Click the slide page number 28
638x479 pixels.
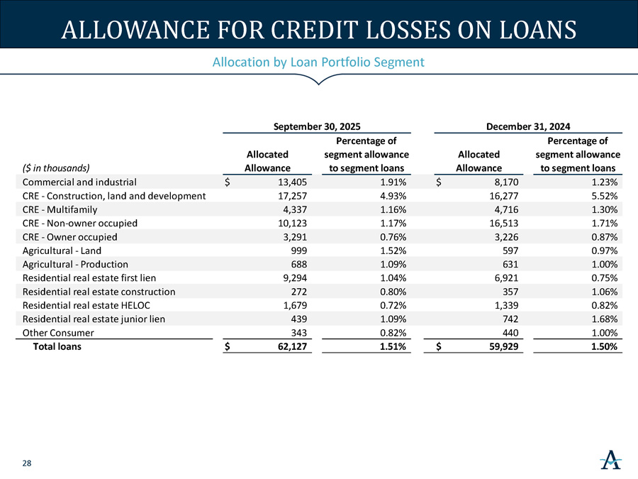(26, 463)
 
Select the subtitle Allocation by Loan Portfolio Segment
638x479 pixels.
(318, 62)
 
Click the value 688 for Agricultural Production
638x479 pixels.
(300, 264)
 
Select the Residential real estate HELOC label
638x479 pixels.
(86, 305)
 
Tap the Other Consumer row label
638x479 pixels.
(58, 333)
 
